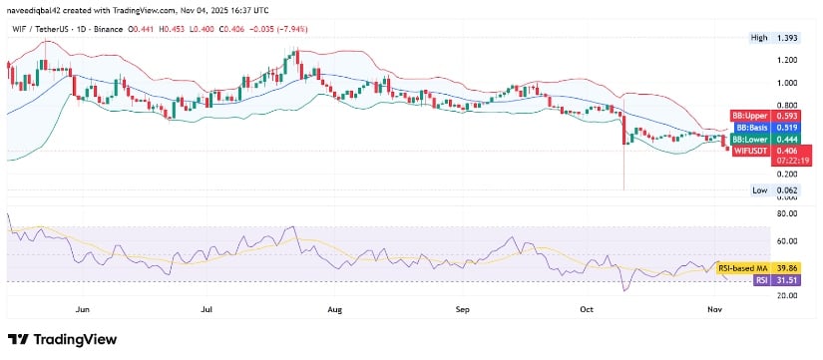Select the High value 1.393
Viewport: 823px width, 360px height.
790,37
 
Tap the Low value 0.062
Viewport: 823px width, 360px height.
790,189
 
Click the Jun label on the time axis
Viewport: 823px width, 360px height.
83,310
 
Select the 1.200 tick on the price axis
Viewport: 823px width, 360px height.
790,60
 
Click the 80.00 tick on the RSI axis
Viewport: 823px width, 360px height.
790,213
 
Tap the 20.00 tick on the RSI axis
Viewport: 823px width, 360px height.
790,295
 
